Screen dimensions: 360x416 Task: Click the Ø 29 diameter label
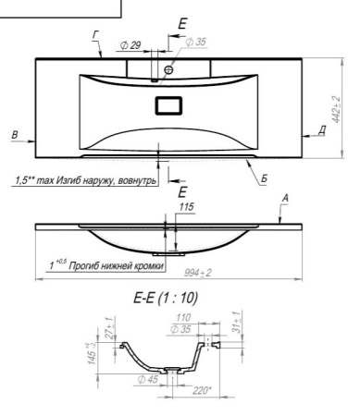click(130, 45)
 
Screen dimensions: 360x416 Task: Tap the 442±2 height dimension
click(337, 109)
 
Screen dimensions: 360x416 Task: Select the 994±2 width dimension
click(198, 273)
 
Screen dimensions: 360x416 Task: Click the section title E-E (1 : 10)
click(166, 298)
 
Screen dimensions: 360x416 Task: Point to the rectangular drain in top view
click(168, 105)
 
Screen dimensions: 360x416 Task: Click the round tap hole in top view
click(168, 69)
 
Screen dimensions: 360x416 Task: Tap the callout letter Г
click(96, 35)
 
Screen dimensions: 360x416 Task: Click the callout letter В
click(15, 135)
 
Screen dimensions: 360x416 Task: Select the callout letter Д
click(322, 130)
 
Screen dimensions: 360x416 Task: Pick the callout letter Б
click(264, 178)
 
